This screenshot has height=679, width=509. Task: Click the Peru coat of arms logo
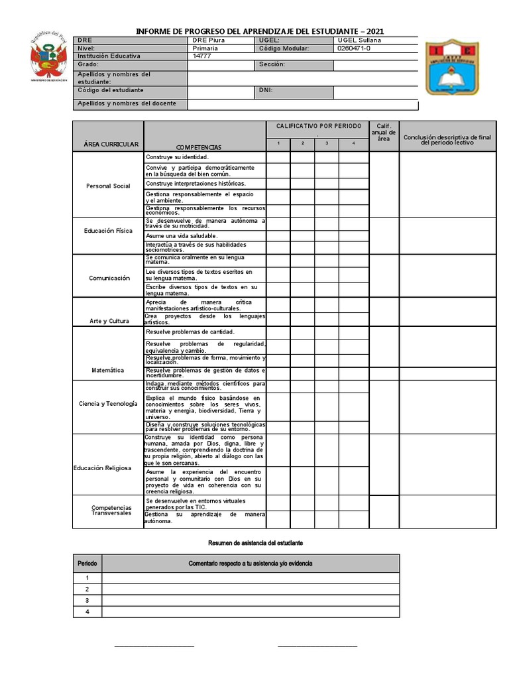point(46,57)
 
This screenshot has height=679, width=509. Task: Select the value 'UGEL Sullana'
point(359,40)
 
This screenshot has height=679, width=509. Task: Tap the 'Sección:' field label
point(272,64)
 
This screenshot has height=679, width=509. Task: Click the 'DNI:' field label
point(266,90)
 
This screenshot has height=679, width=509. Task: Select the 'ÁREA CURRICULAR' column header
point(111,145)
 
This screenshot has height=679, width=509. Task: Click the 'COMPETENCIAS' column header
point(198,147)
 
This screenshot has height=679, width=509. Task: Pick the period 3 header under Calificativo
point(326,143)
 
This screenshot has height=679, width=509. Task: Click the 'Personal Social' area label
point(108,186)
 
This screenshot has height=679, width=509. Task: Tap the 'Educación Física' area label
point(108,231)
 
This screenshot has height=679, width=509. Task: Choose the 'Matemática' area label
point(108,370)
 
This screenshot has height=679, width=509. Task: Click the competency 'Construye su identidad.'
point(177,157)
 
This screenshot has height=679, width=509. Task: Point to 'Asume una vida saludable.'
point(182,235)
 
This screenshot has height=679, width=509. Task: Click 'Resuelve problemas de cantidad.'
point(190,332)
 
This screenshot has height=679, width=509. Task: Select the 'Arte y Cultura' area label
point(109,322)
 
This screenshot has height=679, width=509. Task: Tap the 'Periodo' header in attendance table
point(87,564)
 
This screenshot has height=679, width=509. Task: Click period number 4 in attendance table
point(87,611)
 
